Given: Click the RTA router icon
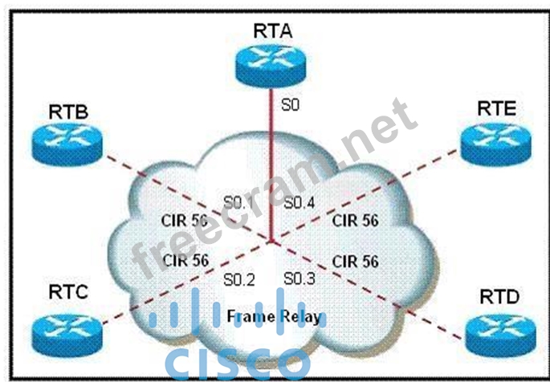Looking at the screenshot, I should point(274,63).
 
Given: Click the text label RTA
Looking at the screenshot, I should point(274,30).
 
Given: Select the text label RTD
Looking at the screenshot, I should point(499,297).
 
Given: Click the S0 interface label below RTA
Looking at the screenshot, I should point(289,104).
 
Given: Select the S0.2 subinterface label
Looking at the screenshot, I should point(238,278).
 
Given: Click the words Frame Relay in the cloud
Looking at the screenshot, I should point(274,315).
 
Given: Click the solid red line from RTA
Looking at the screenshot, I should point(273,161).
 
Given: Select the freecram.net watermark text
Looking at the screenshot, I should point(273,193).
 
